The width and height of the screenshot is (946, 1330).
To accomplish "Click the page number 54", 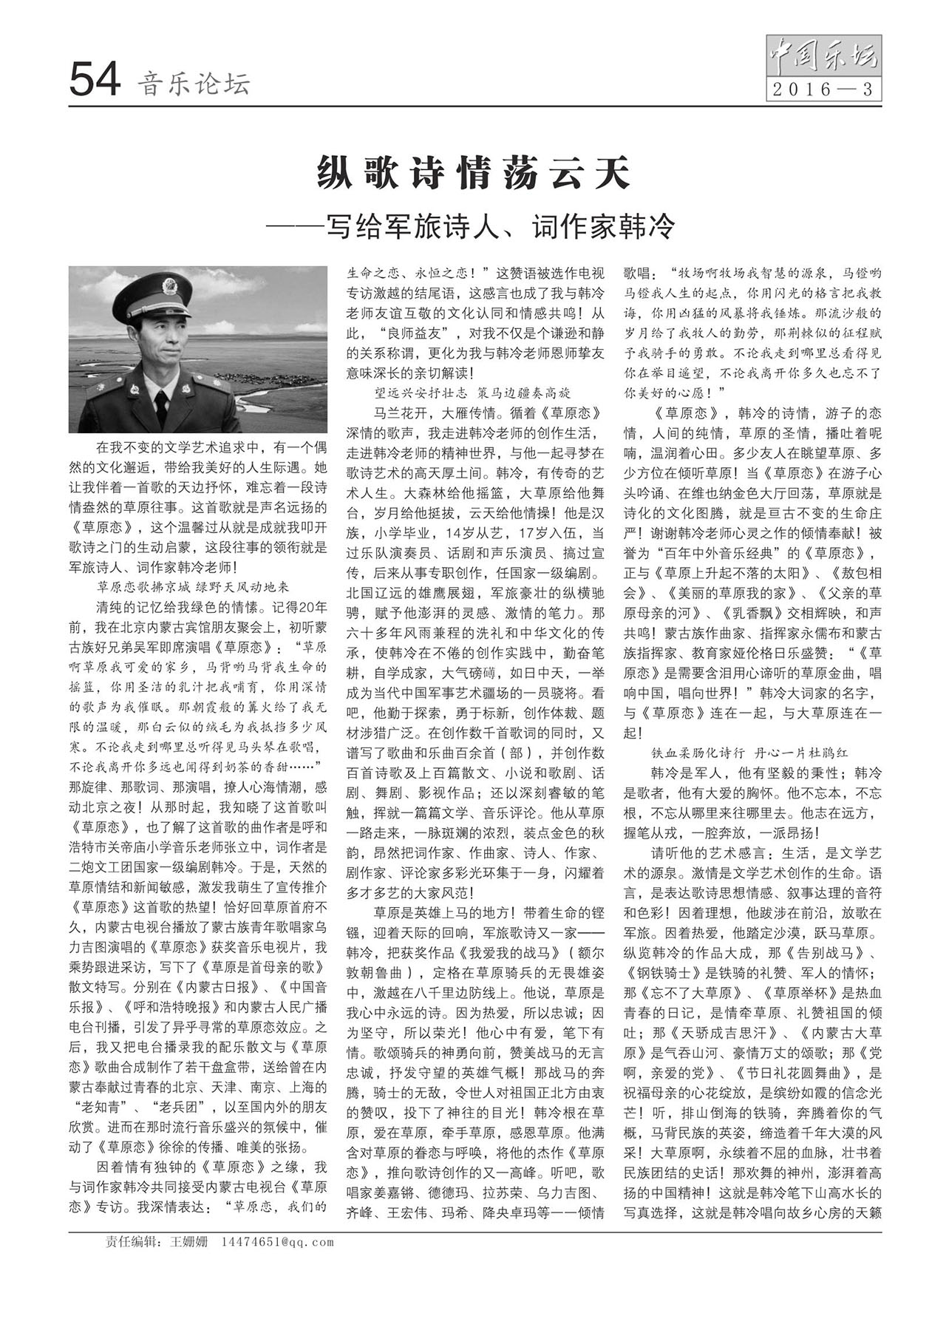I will [95, 81].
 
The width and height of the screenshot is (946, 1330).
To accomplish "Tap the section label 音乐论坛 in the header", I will [194, 84].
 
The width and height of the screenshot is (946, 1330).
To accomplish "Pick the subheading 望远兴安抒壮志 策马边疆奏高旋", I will [473, 393].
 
